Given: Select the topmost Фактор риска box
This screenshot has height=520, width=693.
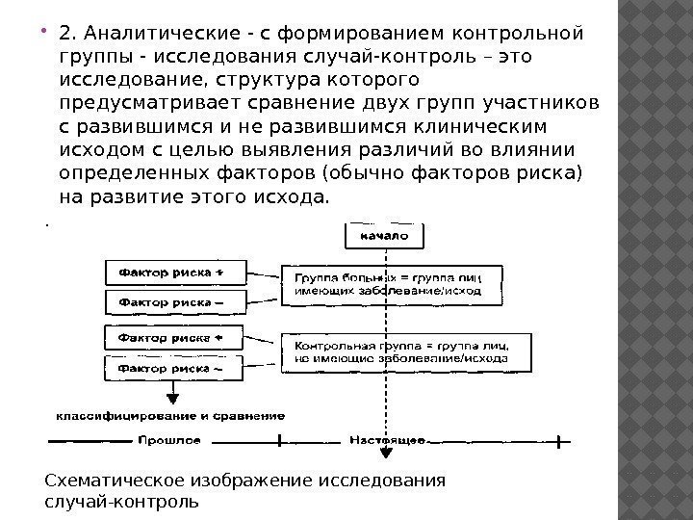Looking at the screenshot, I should [170, 273].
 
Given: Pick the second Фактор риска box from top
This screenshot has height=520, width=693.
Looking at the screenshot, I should [170, 302].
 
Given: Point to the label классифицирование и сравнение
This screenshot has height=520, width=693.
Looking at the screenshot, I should [169, 417].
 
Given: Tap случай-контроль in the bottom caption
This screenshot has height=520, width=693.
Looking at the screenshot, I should [122, 503].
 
